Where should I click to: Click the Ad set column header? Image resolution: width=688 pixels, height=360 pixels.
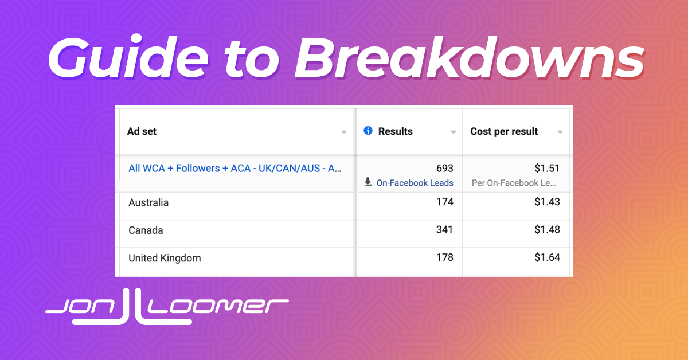[142, 131]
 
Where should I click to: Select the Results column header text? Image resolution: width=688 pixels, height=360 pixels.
[395, 131]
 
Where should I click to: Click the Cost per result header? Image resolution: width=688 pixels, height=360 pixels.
[504, 131]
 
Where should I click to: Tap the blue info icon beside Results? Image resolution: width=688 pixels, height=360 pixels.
[368, 131]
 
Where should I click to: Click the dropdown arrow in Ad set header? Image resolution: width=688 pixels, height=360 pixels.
[343, 132]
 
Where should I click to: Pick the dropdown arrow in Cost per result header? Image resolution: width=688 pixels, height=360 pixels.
[560, 132]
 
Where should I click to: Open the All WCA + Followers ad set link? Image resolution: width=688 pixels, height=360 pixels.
[235, 169]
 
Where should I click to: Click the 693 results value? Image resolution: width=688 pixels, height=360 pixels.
[445, 169]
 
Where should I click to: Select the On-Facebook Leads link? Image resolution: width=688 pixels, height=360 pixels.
[415, 183]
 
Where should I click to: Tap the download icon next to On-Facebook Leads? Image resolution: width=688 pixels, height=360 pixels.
[368, 182]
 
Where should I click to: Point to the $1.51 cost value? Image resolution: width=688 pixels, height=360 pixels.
[547, 169]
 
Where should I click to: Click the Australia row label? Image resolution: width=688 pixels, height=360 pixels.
[148, 203]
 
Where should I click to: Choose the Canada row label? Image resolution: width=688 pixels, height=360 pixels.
[146, 230]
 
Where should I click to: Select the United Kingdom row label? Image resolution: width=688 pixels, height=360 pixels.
[165, 258]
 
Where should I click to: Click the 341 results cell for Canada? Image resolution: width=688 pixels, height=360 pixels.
[444, 230]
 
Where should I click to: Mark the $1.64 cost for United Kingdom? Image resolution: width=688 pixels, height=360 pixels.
[547, 257]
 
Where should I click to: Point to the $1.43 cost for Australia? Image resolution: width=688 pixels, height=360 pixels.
[547, 202]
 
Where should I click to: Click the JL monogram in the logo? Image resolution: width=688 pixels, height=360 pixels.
[132, 307]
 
